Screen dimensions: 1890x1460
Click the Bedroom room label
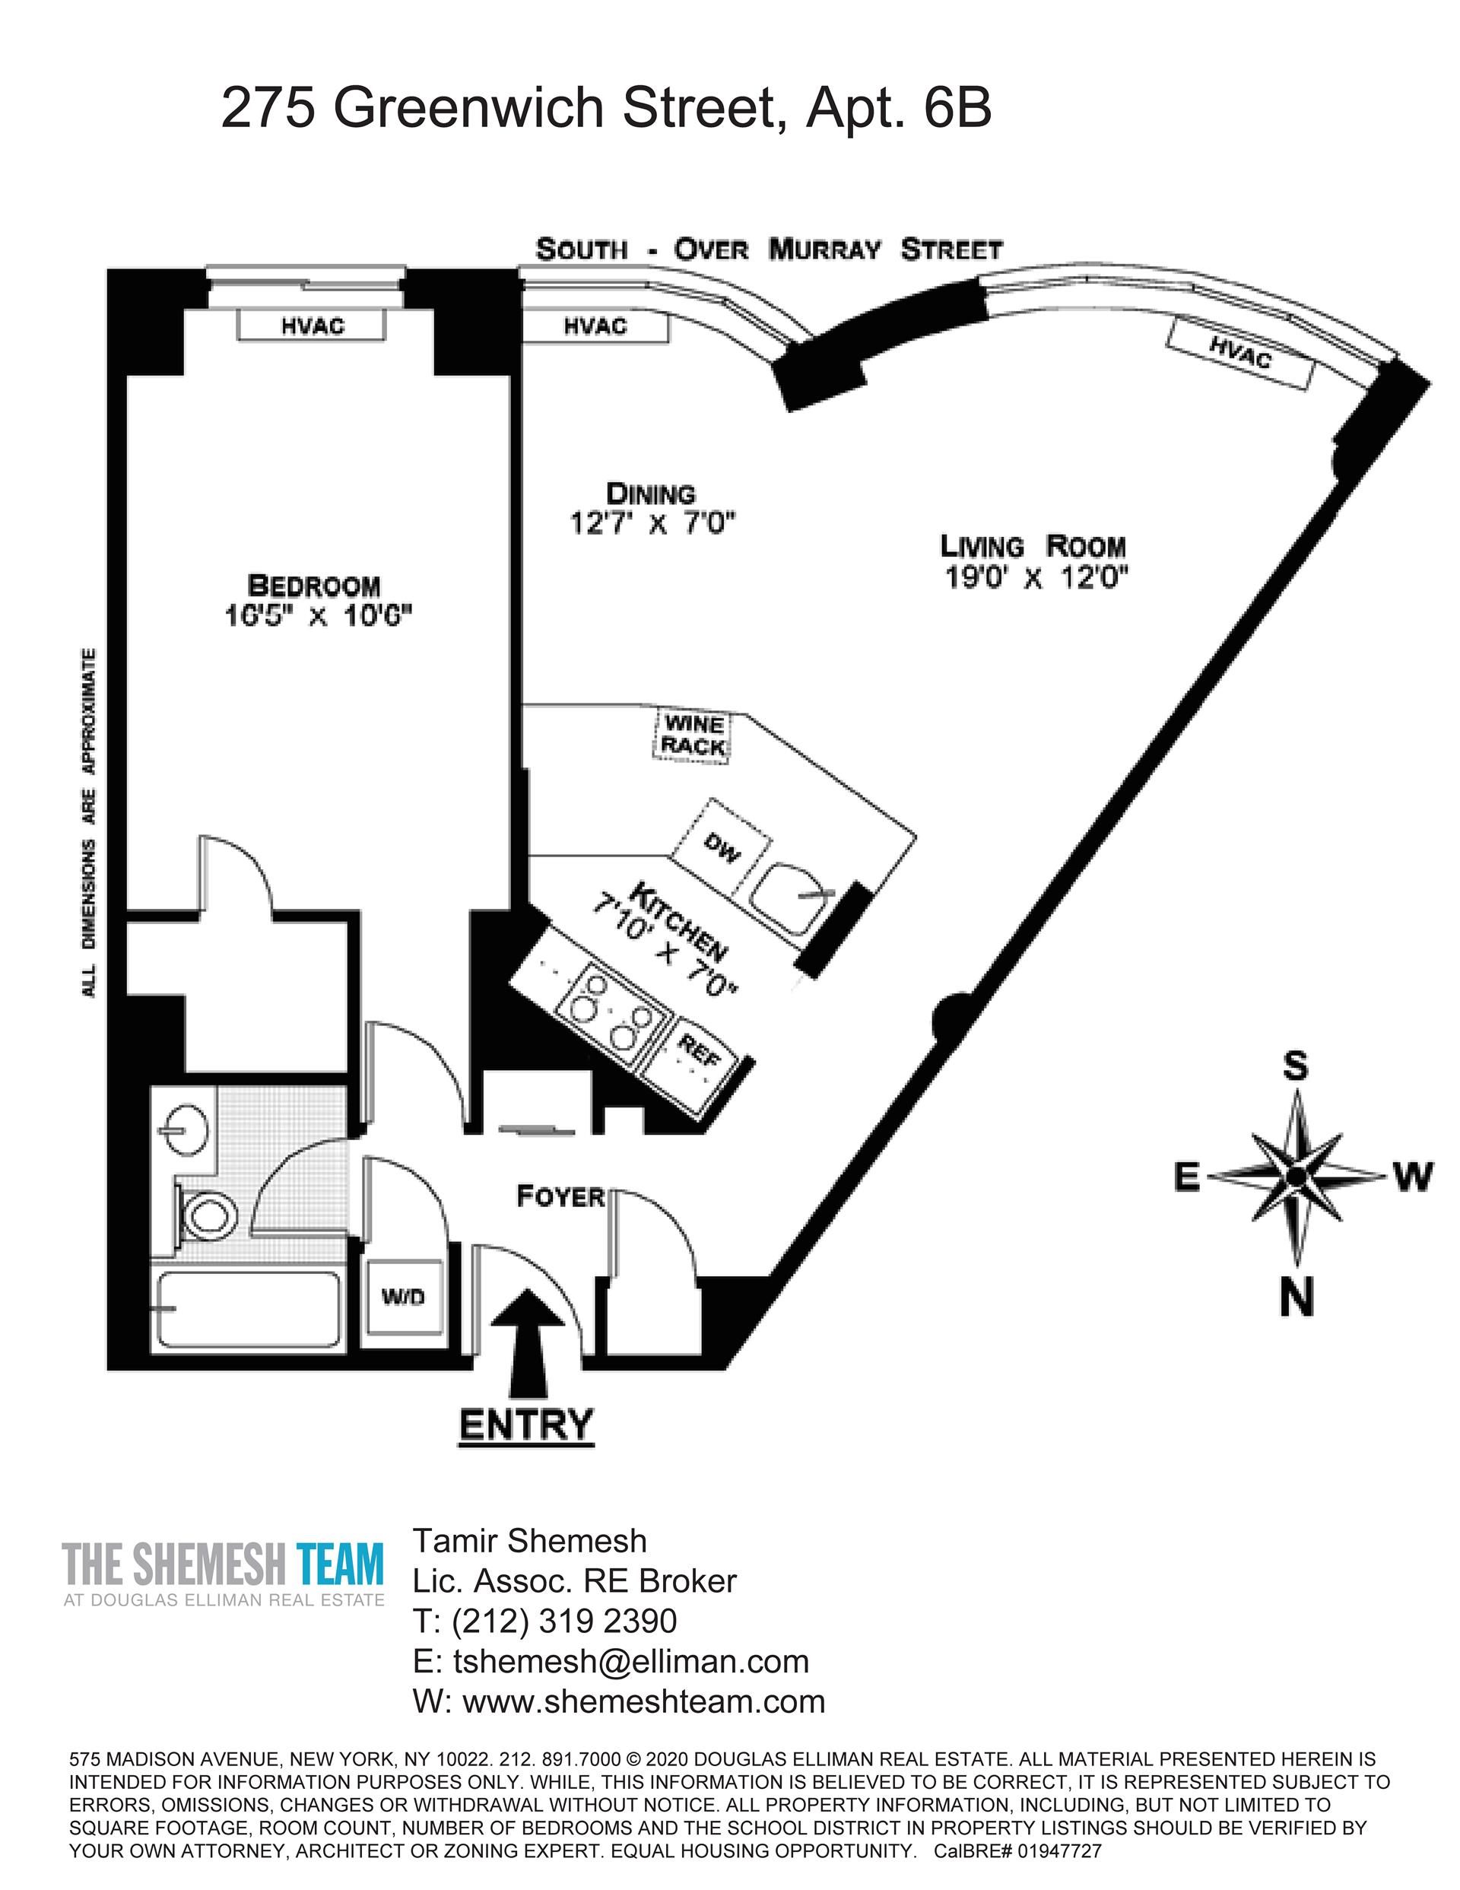click(x=313, y=586)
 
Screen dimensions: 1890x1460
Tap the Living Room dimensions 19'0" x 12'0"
click(x=1036, y=577)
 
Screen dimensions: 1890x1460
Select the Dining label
click(x=651, y=494)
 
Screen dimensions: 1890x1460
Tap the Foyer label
click(x=560, y=1197)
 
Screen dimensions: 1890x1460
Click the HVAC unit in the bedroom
click(x=312, y=326)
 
